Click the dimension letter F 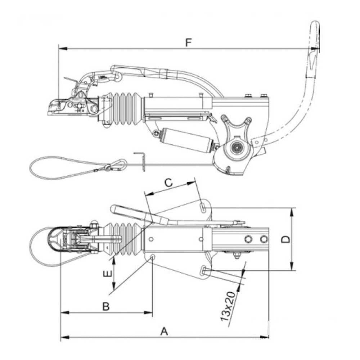point(188,43)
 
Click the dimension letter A point(164,331)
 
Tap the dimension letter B point(106,306)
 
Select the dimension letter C point(169,183)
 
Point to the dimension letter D point(286,239)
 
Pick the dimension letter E point(108,274)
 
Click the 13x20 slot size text point(228,306)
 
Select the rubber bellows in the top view point(125,238)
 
